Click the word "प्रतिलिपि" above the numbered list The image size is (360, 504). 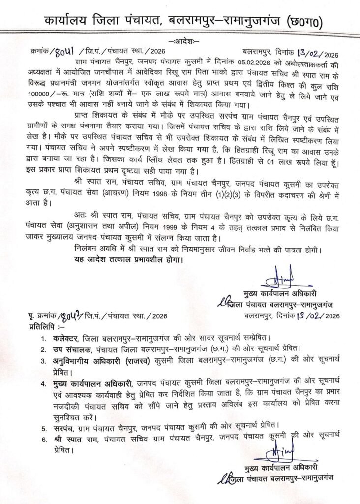pos(43,326)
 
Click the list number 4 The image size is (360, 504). pos(45,382)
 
